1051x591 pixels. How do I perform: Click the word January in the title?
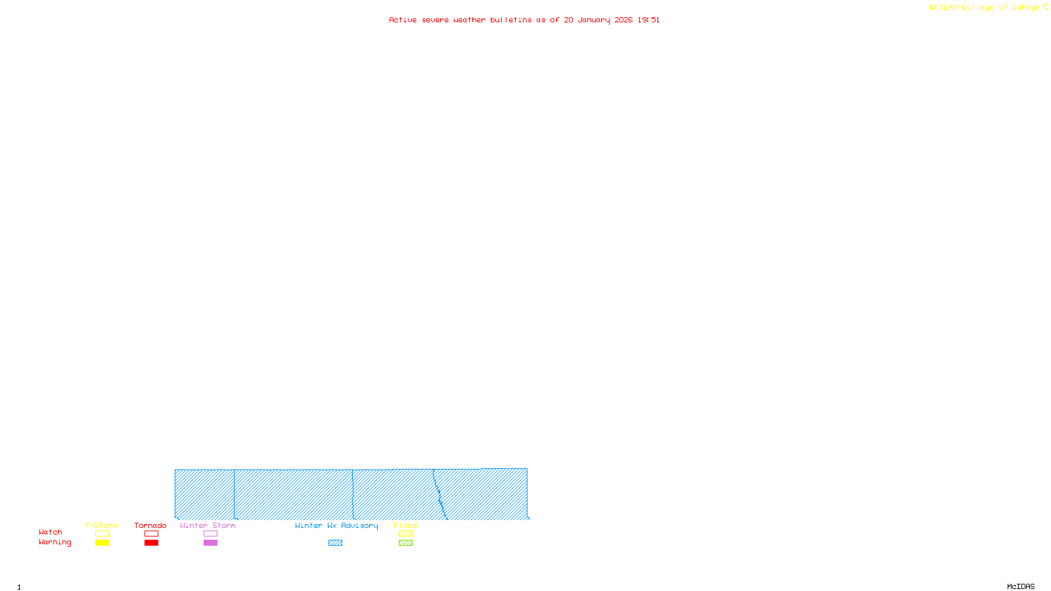(593, 20)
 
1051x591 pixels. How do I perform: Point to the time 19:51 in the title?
(648, 20)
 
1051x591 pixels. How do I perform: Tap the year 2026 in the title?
(623, 20)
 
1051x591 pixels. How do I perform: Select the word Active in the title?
(402, 20)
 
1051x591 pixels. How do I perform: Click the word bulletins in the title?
(510, 20)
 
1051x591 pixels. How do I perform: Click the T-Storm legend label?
(101, 526)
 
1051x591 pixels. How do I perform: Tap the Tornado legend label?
(150, 526)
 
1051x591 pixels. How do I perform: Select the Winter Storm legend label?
(208, 526)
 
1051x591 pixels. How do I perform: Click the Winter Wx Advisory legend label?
(336, 526)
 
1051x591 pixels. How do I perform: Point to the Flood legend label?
(405, 526)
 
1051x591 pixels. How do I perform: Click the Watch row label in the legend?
(51, 533)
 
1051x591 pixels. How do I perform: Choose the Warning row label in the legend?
(55, 542)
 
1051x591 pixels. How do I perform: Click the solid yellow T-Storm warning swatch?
(102, 543)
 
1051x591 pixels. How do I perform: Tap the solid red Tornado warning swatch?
(151, 543)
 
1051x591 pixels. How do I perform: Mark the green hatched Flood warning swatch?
(405, 543)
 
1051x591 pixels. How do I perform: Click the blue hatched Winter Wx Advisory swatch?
(335, 543)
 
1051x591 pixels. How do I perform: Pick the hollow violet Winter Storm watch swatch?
(210, 534)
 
